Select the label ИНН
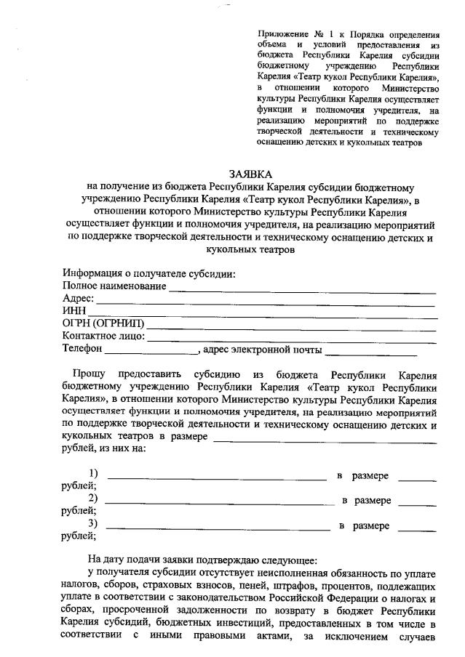point(74,311)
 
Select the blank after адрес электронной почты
point(371,352)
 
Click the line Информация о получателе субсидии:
point(149,274)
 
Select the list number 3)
point(93,524)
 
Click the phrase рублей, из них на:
point(104,448)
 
